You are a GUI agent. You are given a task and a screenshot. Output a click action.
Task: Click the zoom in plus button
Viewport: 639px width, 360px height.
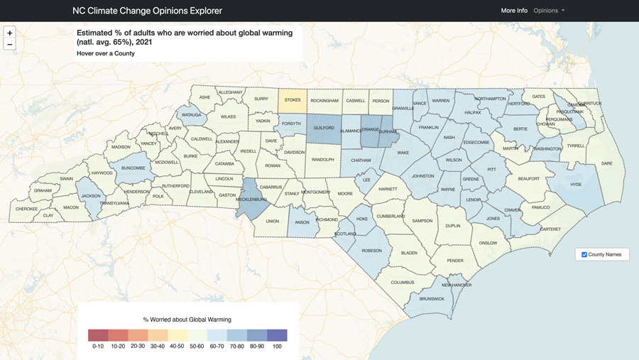tap(10, 33)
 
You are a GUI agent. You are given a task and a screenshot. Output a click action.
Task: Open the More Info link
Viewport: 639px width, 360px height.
tap(514, 11)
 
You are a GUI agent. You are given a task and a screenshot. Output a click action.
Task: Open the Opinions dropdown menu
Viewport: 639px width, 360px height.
tap(549, 11)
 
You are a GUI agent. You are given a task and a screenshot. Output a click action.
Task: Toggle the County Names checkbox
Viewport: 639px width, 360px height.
tap(584, 254)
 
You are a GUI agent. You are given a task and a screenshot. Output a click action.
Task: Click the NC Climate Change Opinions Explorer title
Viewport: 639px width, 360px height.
tap(147, 11)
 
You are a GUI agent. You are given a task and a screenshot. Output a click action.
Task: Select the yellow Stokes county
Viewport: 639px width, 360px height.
tap(293, 101)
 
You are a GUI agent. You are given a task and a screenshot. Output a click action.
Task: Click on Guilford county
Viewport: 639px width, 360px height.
tap(324, 129)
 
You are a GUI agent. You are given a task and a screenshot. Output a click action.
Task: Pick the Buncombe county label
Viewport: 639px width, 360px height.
tap(133, 168)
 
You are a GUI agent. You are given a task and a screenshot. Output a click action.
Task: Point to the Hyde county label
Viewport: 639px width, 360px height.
tap(576, 185)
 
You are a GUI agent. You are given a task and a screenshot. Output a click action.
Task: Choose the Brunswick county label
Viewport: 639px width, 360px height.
tap(432, 299)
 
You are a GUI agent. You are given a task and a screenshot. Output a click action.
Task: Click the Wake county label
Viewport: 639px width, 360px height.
tap(403, 153)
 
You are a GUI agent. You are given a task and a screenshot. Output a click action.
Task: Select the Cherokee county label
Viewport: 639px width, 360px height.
tap(26, 209)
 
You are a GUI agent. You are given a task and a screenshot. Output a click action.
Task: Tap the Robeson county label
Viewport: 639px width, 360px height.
tap(371, 251)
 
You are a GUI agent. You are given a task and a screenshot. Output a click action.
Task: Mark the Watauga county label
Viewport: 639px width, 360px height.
tap(191, 114)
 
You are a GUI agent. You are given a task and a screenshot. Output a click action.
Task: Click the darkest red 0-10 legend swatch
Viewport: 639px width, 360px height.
tap(98, 335)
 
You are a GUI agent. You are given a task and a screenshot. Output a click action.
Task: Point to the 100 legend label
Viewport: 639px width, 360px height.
tap(277, 347)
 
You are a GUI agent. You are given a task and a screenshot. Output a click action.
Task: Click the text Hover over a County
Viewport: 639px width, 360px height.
tap(105, 53)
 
